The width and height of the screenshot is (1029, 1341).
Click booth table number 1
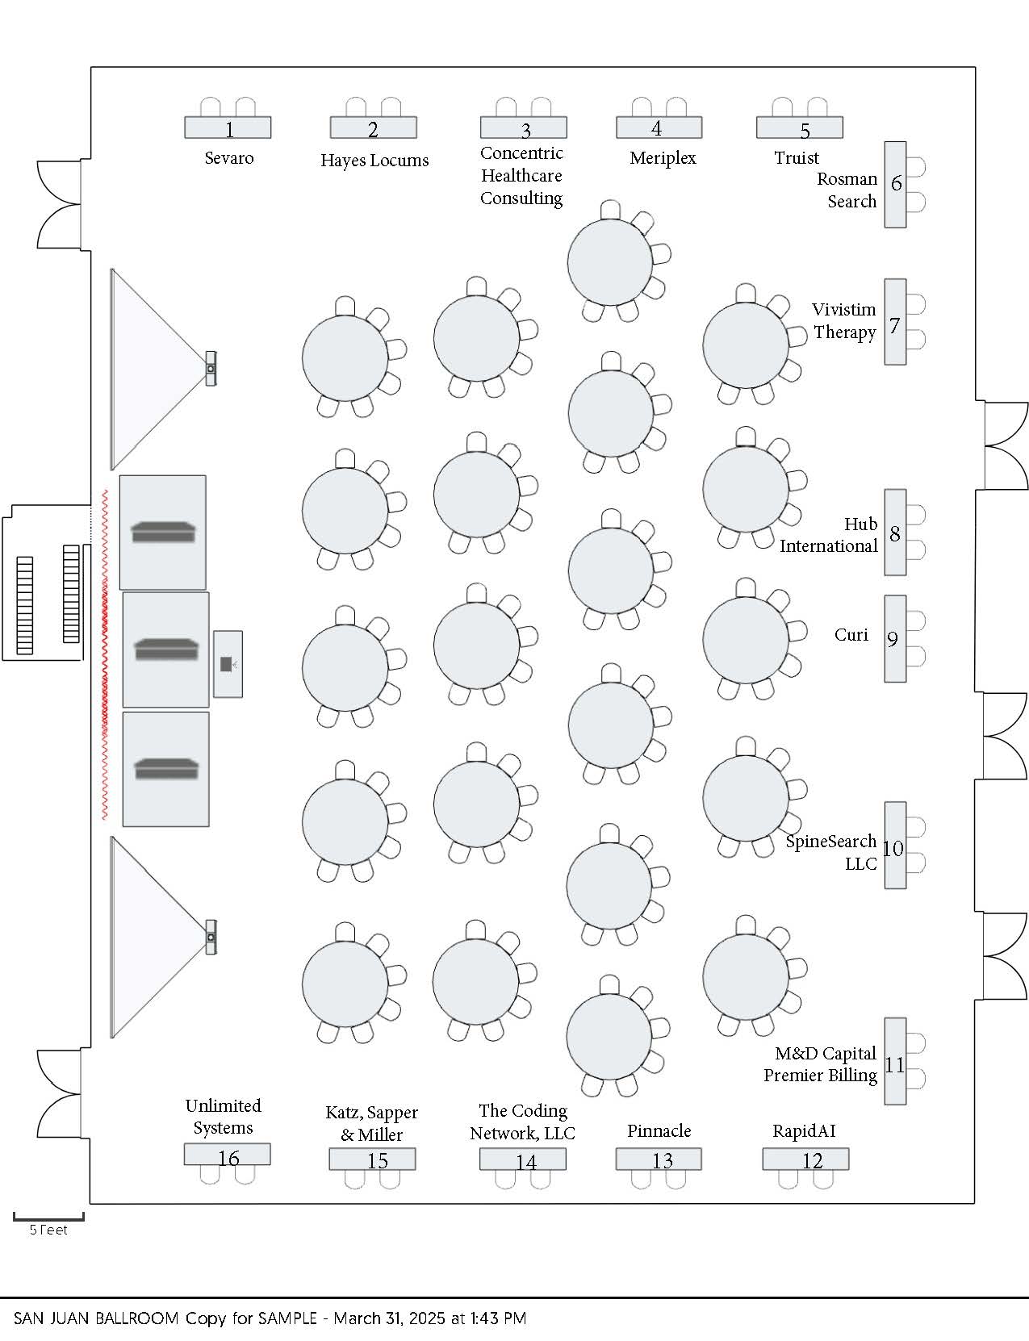pos(228,127)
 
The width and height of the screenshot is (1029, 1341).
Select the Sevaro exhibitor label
pos(229,157)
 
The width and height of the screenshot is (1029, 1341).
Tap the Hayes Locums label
pos(374,160)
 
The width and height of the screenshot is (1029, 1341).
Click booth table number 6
pos(895,184)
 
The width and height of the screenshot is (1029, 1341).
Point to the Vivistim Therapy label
pos(844,320)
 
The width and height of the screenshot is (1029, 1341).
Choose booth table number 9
pos(894,638)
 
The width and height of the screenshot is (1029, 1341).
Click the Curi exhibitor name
pos(851,635)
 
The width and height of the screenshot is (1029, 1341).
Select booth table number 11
pos(895,1061)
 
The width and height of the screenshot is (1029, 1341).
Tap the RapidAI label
pos(804,1130)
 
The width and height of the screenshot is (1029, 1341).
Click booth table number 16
pos(227,1155)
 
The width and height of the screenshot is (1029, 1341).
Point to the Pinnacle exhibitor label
pos(659,1130)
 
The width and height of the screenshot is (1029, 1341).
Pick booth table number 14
pos(523,1159)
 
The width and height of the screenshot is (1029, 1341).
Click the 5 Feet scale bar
pos(48,1216)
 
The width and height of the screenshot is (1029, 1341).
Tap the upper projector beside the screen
pos(211,369)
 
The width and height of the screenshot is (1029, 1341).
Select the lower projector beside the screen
pos(211,937)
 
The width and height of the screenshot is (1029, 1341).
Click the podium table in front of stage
pos(228,663)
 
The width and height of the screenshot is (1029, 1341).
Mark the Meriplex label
pos(663,158)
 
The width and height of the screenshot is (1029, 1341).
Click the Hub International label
pos(829,535)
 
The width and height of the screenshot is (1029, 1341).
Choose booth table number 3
pos(524,127)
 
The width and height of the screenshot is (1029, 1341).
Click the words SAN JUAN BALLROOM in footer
pos(96,1318)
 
